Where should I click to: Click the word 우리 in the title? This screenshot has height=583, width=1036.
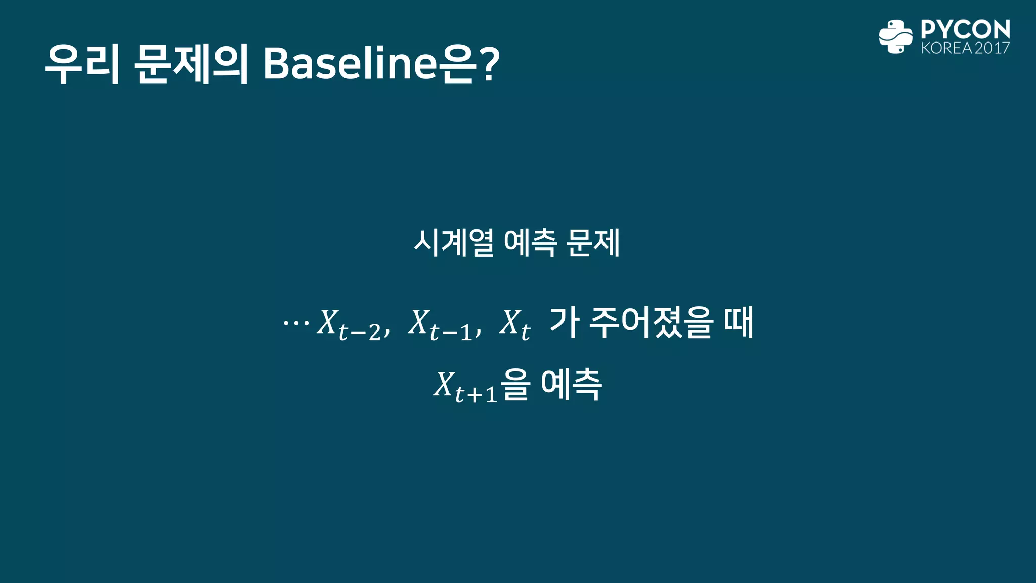tap(82, 64)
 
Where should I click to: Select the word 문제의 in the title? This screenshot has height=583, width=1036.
tap(191, 64)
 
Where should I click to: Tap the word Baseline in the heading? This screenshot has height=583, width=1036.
tap(350, 64)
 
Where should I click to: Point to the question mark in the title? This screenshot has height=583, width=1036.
tap(489, 64)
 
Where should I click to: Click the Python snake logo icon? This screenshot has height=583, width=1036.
tap(895, 36)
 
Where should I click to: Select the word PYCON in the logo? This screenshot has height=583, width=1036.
tap(965, 29)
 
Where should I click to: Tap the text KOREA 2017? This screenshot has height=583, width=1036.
tap(965, 49)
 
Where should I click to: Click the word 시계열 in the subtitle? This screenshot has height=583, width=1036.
tap(454, 243)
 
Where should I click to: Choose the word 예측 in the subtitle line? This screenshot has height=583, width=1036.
tap(530, 243)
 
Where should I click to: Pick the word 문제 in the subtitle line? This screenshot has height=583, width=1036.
tap(593, 243)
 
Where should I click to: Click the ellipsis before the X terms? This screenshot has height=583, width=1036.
tap(296, 322)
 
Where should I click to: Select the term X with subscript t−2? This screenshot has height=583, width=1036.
tap(349, 325)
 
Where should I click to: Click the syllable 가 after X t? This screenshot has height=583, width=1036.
tap(564, 322)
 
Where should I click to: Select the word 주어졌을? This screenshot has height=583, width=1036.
tap(652, 322)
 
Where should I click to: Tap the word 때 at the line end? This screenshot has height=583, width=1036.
tap(739, 322)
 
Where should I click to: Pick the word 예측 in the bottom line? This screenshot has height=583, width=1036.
tap(572, 385)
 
